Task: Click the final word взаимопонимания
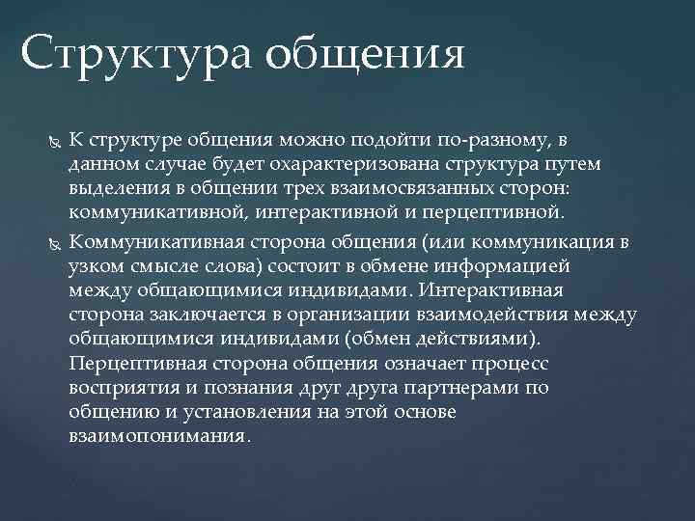(158, 435)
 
